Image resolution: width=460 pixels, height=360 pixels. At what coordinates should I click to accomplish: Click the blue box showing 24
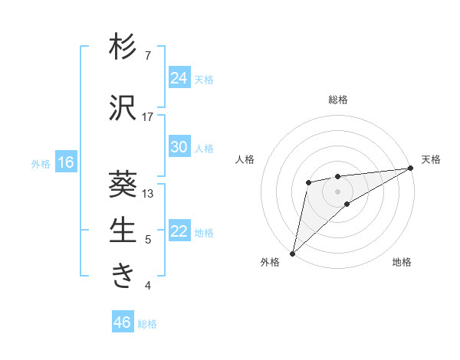coord(179,78)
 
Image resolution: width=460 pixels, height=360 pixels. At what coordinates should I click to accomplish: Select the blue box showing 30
coord(179,147)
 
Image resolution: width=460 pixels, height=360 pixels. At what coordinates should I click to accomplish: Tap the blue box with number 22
coord(179,231)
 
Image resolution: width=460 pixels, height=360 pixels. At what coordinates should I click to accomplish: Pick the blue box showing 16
coord(66,162)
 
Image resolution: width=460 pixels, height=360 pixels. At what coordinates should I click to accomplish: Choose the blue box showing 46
coord(122,322)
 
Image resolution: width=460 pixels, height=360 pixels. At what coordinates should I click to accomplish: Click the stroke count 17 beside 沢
coord(148,116)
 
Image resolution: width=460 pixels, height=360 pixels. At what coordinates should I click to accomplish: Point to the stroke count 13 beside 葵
coord(148,193)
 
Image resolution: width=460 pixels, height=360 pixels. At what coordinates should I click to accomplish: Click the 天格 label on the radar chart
coord(431,159)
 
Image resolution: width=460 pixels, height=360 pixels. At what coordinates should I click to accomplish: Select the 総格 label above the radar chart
coord(337,100)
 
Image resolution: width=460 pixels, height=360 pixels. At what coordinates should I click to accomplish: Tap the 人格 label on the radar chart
coord(245,159)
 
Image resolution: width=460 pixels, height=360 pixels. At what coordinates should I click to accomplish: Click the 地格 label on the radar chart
coord(402,263)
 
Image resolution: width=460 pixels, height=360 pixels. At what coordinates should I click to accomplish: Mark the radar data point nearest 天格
coord(410,169)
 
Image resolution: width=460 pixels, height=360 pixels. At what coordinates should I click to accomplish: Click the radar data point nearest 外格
coord(292,253)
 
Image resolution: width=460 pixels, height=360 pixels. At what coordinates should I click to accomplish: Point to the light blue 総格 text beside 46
coord(147,324)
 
